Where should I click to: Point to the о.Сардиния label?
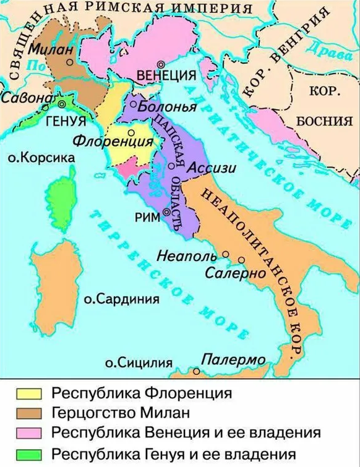click(x=121, y=299)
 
